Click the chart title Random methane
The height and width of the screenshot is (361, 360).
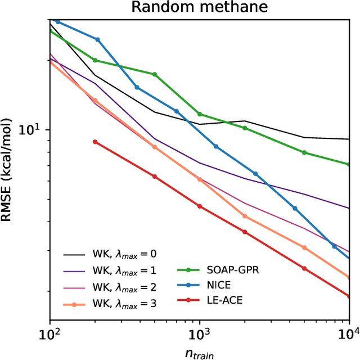[200, 7]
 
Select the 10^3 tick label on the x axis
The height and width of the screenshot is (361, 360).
[200, 335]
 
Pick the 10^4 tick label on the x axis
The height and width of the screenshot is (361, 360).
[348, 335]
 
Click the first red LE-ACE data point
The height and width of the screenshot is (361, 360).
[95, 142]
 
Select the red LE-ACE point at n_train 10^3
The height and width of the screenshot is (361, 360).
[200, 206]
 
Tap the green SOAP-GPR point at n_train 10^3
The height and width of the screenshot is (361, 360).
[200, 114]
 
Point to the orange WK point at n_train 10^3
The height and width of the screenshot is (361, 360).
[200, 179]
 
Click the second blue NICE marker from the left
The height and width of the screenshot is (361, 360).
[97, 39]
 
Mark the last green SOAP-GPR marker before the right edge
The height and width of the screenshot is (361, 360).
[304, 152]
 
